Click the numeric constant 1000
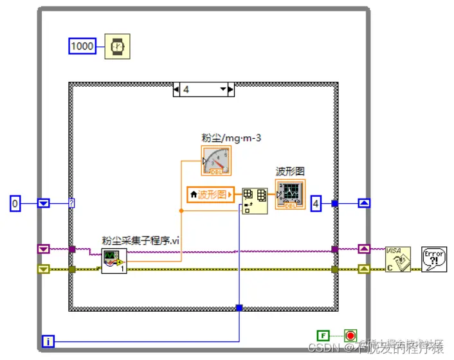(82, 46)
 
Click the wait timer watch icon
(117, 46)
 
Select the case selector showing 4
(204, 89)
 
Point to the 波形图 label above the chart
(290, 172)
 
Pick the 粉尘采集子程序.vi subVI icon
(114, 261)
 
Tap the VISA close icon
(397, 259)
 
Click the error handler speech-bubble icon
(433, 259)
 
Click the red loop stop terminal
(350, 335)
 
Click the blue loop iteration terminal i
(49, 341)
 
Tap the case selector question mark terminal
(72, 204)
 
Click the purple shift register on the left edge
(44, 249)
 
